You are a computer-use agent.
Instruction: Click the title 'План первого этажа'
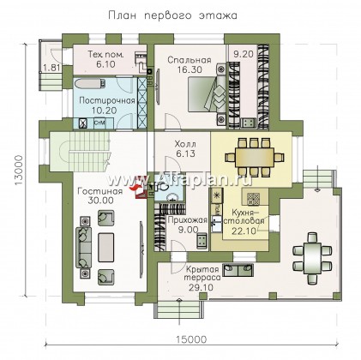pyautogui.click(x=172, y=15)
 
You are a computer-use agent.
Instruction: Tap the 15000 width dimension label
pyautogui.click(x=191, y=339)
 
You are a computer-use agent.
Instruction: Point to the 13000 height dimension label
pyautogui.click(x=19, y=171)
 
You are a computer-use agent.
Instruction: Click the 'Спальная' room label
pyautogui.click(x=190, y=60)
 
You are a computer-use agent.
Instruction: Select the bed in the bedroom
pyautogui.click(x=208, y=94)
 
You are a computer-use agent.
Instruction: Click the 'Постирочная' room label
pyautogui.click(x=107, y=100)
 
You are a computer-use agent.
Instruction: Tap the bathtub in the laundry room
pyautogui.click(x=90, y=84)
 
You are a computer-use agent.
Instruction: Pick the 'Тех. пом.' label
pyautogui.click(x=105, y=55)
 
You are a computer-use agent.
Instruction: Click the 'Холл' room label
pyautogui.click(x=185, y=144)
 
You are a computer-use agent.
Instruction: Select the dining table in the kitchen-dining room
pyautogui.click(x=255, y=157)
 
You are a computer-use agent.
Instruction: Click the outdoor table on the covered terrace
pyautogui.click(x=312, y=259)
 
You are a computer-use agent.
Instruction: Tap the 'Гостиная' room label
pyautogui.click(x=100, y=191)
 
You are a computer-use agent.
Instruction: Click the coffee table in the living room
pyautogui.click(x=105, y=247)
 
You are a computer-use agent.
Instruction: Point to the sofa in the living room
pyautogui.click(x=83, y=247)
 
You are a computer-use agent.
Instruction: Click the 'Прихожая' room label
pyautogui.click(x=187, y=220)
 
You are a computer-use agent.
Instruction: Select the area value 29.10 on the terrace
pyautogui.click(x=201, y=287)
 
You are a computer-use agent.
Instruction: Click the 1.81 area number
pyautogui.click(x=51, y=68)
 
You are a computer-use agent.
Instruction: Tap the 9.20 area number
pyautogui.click(x=244, y=54)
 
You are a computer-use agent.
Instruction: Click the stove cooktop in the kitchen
pyautogui.click(x=253, y=199)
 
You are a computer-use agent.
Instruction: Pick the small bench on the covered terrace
pyautogui.click(x=238, y=270)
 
